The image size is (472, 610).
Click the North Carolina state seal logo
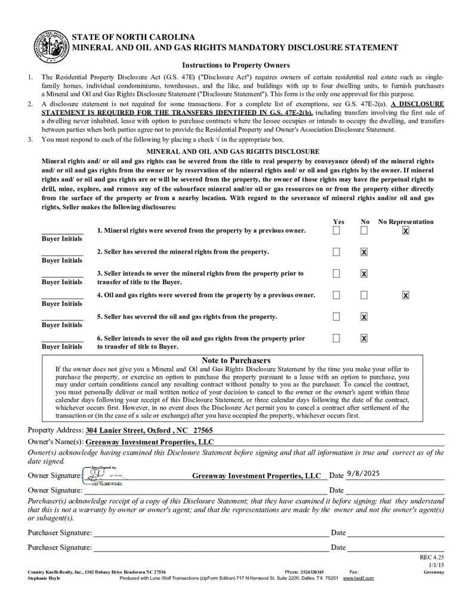coord(51,46)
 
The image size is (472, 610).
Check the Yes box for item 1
coord(337,231)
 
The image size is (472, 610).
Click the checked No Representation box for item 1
coord(406,231)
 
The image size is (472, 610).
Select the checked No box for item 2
coord(364,252)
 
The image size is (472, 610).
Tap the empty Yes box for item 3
coord(337,273)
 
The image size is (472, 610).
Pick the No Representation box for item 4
coord(406,295)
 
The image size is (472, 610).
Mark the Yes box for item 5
coord(337,316)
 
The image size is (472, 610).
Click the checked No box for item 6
coord(364,338)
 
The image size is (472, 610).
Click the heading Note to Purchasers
coord(236,360)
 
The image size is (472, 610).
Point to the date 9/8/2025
coord(363,474)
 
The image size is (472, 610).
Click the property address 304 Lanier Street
coord(149,430)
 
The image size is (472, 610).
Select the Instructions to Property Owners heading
coord(236,66)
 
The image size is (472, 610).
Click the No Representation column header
coord(406,222)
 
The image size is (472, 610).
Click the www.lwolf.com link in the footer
coord(358,578)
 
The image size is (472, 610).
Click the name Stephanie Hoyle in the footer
coord(44,578)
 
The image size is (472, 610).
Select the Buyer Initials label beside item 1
coord(62,239)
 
